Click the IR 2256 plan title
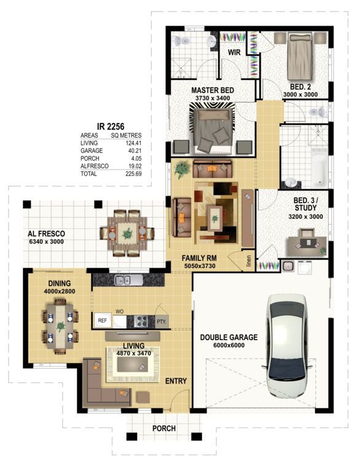(x=111, y=126)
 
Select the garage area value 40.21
(x=134, y=150)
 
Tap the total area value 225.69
(x=133, y=174)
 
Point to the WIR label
(x=234, y=53)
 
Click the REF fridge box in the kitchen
(x=103, y=321)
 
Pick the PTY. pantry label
(x=162, y=321)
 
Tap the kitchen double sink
(x=122, y=280)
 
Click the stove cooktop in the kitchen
(x=141, y=321)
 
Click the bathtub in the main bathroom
(x=319, y=167)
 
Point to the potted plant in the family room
(x=182, y=169)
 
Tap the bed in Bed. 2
(x=300, y=56)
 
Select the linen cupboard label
(x=249, y=261)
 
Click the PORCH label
(x=164, y=428)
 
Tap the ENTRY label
(x=176, y=381)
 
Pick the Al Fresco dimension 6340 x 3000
(x=46, y=241)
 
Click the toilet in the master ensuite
(x=181, y=41)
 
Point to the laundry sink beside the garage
(x=287, y=266)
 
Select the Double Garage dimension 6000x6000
(x=229, y=345)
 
